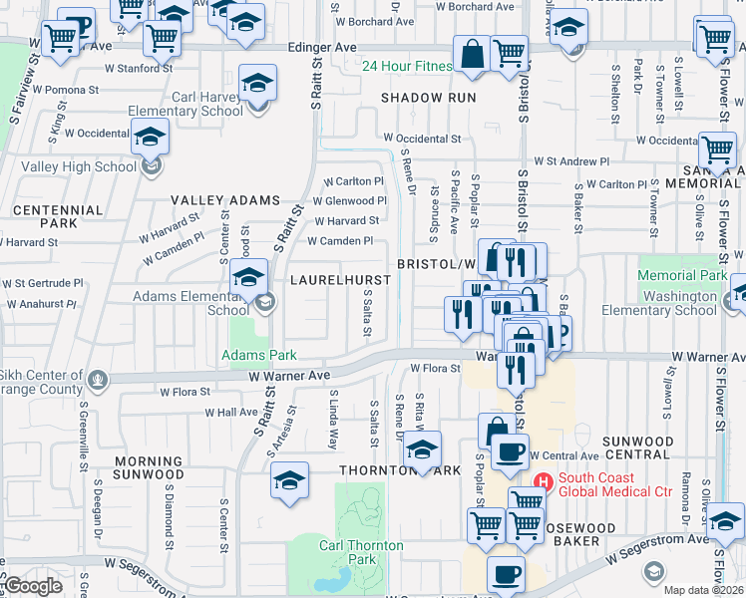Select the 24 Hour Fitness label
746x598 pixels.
(x=406, y=68)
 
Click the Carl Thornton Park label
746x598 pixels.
(x=361, y=552)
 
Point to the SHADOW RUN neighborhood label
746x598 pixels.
(x=427, y=98)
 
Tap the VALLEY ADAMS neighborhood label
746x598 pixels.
(x=224, y=200)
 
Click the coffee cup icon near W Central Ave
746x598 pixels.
(x=509, y=451)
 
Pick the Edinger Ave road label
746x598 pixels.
(x=321, y=47)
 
